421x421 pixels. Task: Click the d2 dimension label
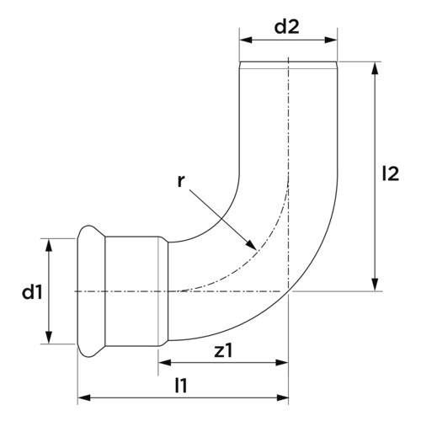click(x=286, y=27)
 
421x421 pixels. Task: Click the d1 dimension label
click(x=32, y=292)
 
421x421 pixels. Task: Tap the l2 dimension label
click(x=391, y=173)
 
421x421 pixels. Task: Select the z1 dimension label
click(x=224, y=351)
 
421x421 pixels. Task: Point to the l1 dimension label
click(x=181, y=386)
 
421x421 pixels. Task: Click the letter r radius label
click(x=181, y=181)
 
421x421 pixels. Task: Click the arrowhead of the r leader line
click(x=252, y=245)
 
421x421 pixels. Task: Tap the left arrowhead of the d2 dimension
click(x=246, y=40)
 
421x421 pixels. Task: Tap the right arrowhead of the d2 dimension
click(x=331, y=40)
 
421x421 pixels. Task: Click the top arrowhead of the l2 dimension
click(x=375, y=68)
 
